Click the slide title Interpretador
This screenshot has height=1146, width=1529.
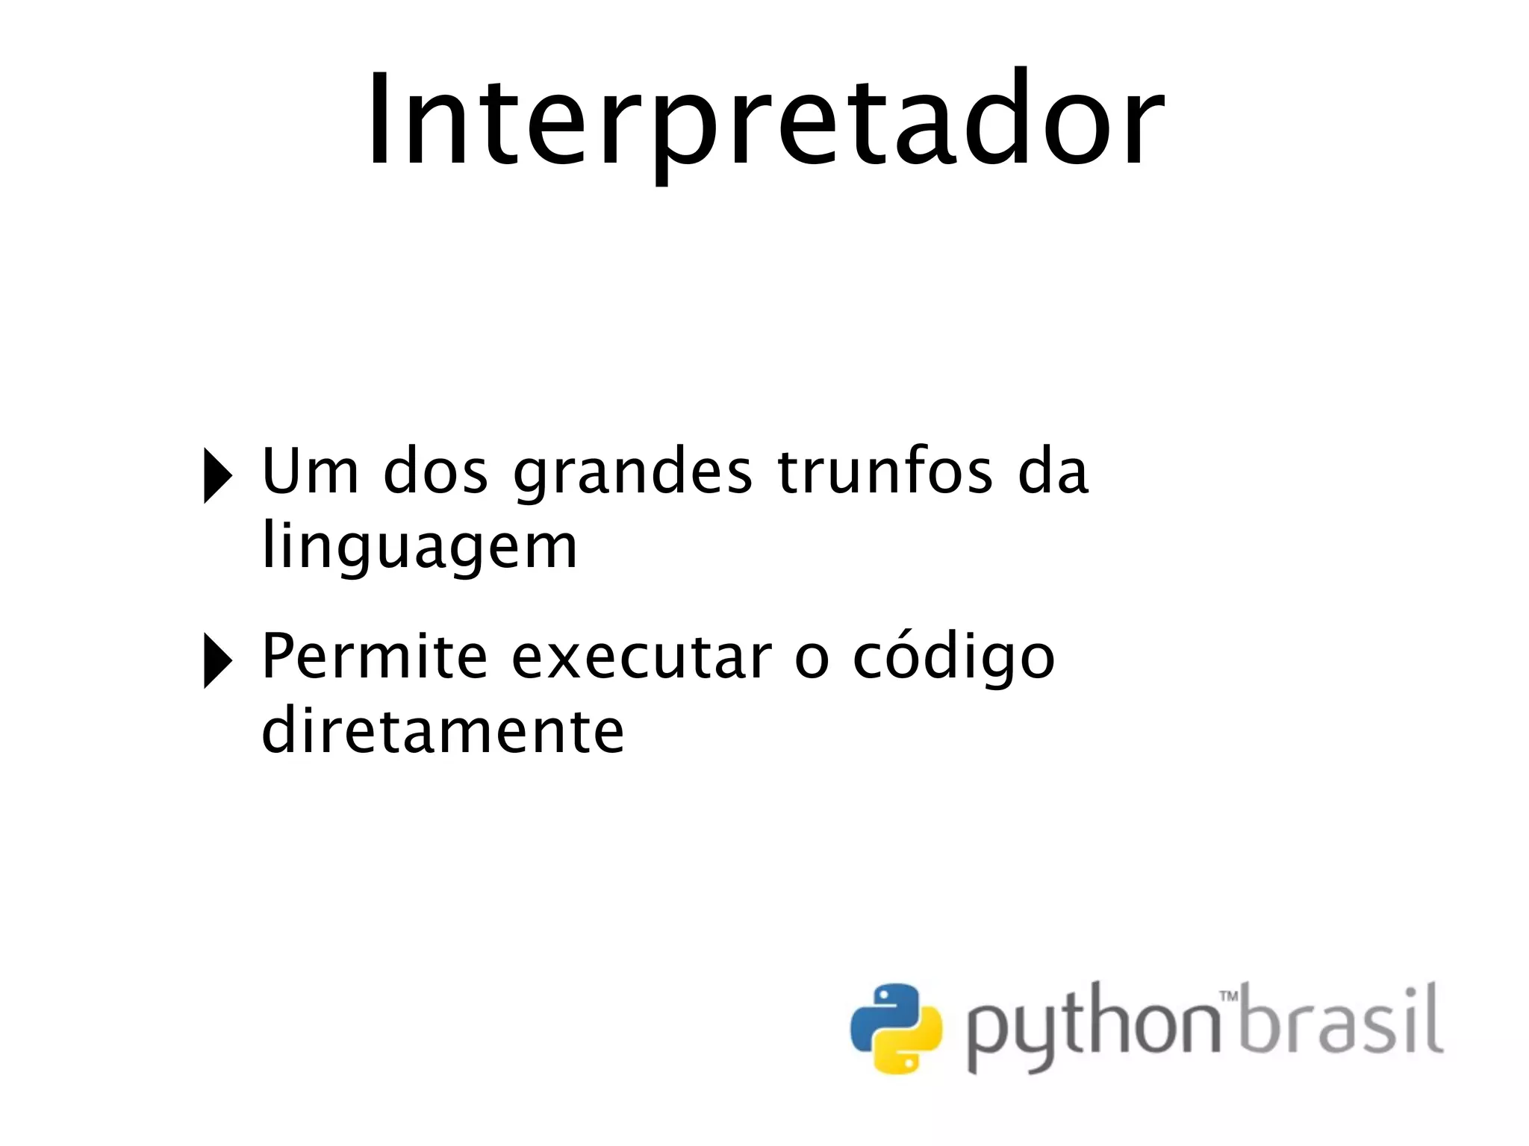pyautogui.click(x=765, y=119)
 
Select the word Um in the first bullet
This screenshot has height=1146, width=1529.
pyautogui.click(x=310, y=472)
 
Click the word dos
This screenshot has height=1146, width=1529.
pyautogui.click(x=435, y=472)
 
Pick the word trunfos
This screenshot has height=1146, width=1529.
pyautogui.click(x=885, y=472)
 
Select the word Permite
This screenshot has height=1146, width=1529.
pyautogui.click(x=374, y=657)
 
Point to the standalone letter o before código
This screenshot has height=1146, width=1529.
pyautogui.click(x=812, y=660)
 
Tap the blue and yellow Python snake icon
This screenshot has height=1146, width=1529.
pyautogui.click(x=896, y=1028)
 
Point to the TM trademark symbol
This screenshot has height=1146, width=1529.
pyautogui.click(x=1228, y=996)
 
